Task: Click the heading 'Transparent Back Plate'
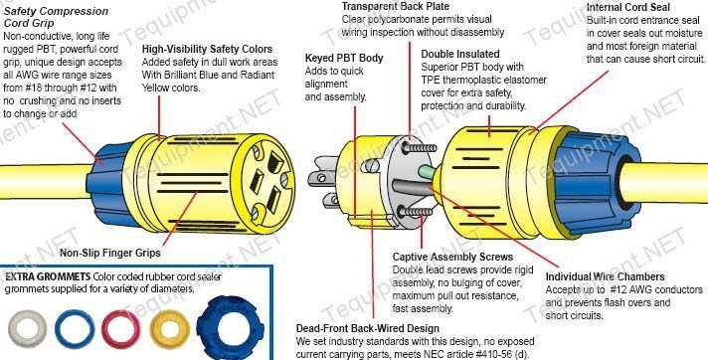(x=395, y=6)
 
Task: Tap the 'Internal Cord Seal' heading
(x=628, y=7)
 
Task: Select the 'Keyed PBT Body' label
(x=344, y=58)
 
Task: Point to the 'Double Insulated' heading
(x=460, y=55)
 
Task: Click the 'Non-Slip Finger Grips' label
(x=110, y=253)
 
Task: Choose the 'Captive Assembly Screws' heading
(x=452, y=257)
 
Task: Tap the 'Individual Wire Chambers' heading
(x=605, y=276)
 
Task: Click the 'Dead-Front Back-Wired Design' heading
(x=368, y=328)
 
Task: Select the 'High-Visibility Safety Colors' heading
(x=207, y=49)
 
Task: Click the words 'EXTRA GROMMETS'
(x=48, y=276)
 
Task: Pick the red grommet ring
(x=121, y=329)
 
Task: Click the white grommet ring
(x=28, y=329)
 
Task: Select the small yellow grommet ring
(x=170, y=329)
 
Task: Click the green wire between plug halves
(x=427, y=172)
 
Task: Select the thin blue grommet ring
(x=75, y=329)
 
